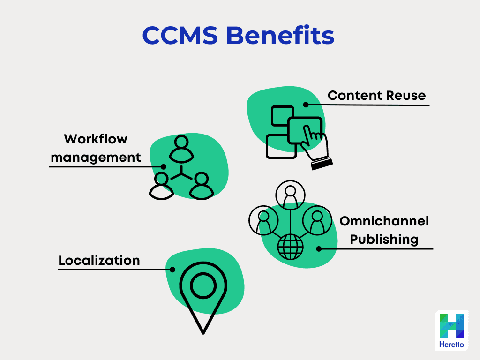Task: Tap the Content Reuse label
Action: click(376, 96)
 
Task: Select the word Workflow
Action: click(96, 139)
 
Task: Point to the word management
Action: click(96, 157)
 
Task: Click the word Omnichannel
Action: click(384, 221)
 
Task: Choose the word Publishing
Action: click(384, 239)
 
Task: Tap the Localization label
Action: click(99, 260)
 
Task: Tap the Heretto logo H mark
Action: click(451, 326)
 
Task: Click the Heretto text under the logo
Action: click(451, 345)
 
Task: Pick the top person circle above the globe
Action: click(290, 195)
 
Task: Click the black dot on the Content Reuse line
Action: click(305, 105)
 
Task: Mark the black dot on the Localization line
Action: click(172, 270)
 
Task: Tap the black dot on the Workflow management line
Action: click(163, 166)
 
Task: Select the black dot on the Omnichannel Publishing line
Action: click(319, 249)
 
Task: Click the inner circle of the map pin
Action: click(203, 284)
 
